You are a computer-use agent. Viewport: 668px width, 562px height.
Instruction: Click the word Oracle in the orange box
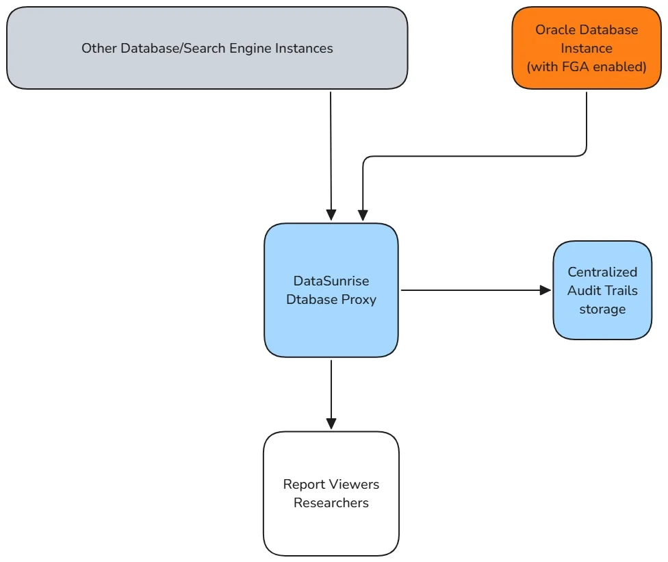[554, 30]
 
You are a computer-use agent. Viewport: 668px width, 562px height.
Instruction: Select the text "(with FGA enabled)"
[587, 67]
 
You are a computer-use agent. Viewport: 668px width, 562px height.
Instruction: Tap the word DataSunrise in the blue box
[331, 281]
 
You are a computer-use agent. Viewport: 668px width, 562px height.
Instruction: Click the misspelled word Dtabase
[311, 299]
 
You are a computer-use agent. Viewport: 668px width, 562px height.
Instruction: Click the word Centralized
[602, 272]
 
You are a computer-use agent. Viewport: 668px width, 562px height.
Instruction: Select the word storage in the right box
[602, 309]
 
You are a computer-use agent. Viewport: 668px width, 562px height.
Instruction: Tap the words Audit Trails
[602, 290]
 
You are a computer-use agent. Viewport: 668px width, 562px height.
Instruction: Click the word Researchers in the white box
[331, 502]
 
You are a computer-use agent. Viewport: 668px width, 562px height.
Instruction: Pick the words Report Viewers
[331, 484]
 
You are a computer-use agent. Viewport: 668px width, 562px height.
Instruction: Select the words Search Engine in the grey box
[233, 48]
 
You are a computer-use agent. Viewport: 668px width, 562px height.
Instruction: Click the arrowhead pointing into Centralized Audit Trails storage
[545, 290]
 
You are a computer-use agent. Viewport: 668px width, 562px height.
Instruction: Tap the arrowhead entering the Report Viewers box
[331, 423]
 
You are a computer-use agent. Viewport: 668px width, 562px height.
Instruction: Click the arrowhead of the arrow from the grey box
[331, 215]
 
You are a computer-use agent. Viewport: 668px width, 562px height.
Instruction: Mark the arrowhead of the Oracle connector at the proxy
[363, 215]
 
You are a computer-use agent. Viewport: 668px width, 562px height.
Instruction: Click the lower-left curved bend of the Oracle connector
[365, 159]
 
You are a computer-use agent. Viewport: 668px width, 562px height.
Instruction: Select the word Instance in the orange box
[587, 49]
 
